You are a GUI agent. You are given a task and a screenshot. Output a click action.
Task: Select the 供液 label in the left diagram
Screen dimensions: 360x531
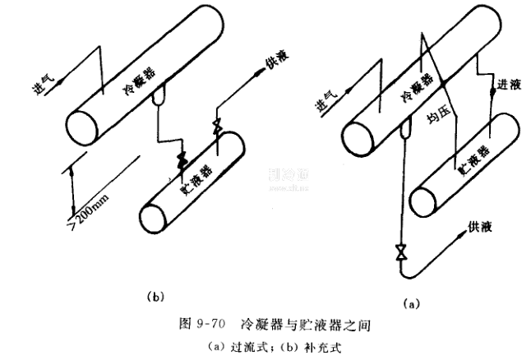[275, 65]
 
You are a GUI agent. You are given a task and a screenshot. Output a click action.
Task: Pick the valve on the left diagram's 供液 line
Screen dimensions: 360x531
[217, 127]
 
